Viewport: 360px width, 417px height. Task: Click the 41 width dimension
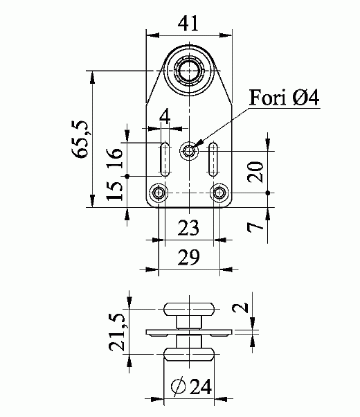point(188,24)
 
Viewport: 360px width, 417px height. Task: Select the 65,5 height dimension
point(80,139)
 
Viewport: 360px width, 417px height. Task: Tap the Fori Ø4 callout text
point(284,98)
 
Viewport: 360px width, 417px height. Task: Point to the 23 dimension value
point(188,228)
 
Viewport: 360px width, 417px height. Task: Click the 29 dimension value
point(188,257)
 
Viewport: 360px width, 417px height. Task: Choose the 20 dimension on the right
point(255,172)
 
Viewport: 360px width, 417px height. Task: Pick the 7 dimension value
point(255,227)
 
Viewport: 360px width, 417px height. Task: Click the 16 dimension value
point(115,158)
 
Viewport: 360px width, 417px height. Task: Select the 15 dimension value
point(115,190)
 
